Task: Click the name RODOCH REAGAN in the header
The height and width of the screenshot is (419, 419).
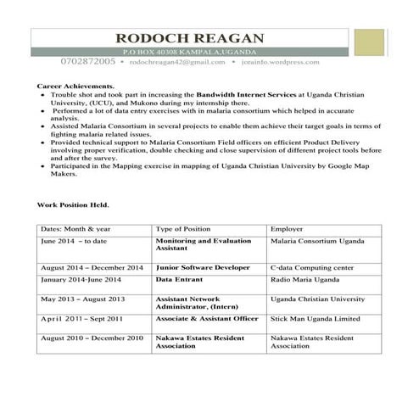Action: point(189,38)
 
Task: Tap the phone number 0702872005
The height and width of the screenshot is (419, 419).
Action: point(88,63)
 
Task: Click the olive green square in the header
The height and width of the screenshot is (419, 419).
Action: point(369,44)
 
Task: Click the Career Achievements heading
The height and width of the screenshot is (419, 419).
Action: point(75,87)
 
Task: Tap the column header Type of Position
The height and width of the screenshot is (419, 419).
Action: point(184,229)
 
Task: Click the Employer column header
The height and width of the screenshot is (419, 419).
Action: point(287,229)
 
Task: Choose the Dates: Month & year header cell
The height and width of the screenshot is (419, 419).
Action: point(75,229)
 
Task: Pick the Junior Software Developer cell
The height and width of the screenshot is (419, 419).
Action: point(203,267)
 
